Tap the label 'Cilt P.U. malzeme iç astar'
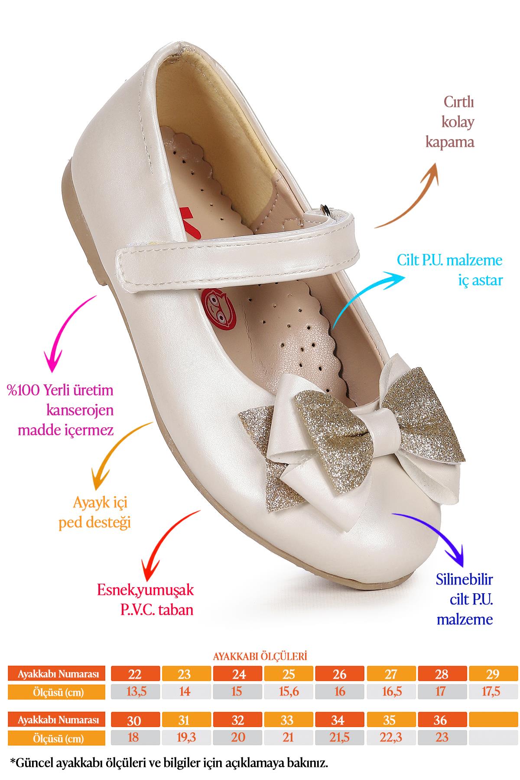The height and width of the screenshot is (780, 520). point(449,270)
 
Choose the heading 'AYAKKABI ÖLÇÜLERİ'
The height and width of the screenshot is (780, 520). point(260,656)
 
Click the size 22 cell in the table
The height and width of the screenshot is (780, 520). point(135,674)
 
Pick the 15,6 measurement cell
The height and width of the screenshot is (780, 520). point(289,692)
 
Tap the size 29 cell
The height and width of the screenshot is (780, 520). point(493,674)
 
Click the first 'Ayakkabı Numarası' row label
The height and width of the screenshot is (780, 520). point(58,674)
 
